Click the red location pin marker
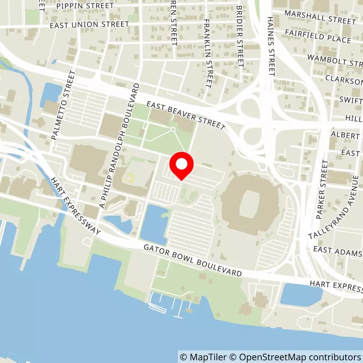[x=181, y=166]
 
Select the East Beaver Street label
[x=186, y=115]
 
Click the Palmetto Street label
[x=62, y=105]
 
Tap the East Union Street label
[x=89, y=25]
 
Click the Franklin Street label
[x=208, y=54]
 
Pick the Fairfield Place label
[x=318, y=36]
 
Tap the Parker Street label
[x=324, y=180]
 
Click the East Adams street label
[x=338, y=251]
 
